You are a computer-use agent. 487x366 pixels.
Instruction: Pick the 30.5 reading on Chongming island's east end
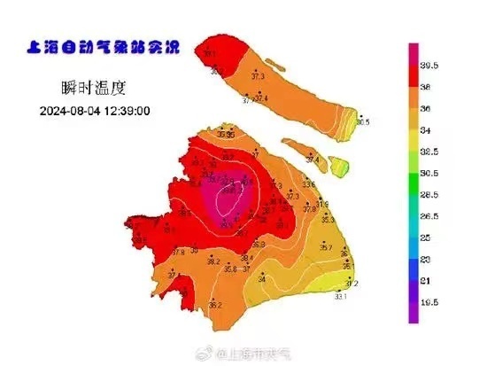(x=362, y=121)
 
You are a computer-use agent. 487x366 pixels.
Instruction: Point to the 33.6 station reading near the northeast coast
(x=308, y=183)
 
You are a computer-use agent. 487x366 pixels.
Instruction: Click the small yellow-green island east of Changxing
(x=339, y=164)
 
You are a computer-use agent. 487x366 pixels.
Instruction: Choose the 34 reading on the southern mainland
(x=261, y=279)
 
